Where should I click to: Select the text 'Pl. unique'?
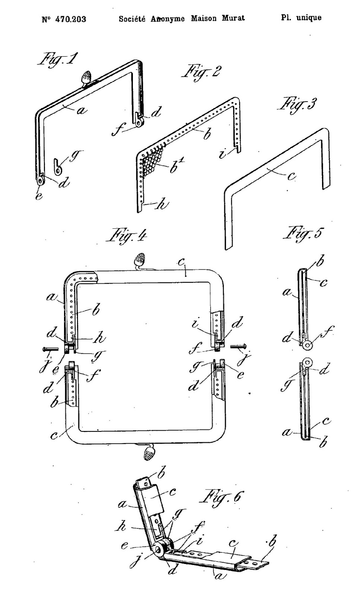(301, 18)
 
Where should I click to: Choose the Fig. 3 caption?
(297, 105)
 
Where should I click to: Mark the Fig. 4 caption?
(127, 235)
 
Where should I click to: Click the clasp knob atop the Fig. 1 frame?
(86, 78)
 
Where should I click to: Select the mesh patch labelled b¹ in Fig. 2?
(153, 160)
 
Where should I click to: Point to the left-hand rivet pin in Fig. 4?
(50, 349)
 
